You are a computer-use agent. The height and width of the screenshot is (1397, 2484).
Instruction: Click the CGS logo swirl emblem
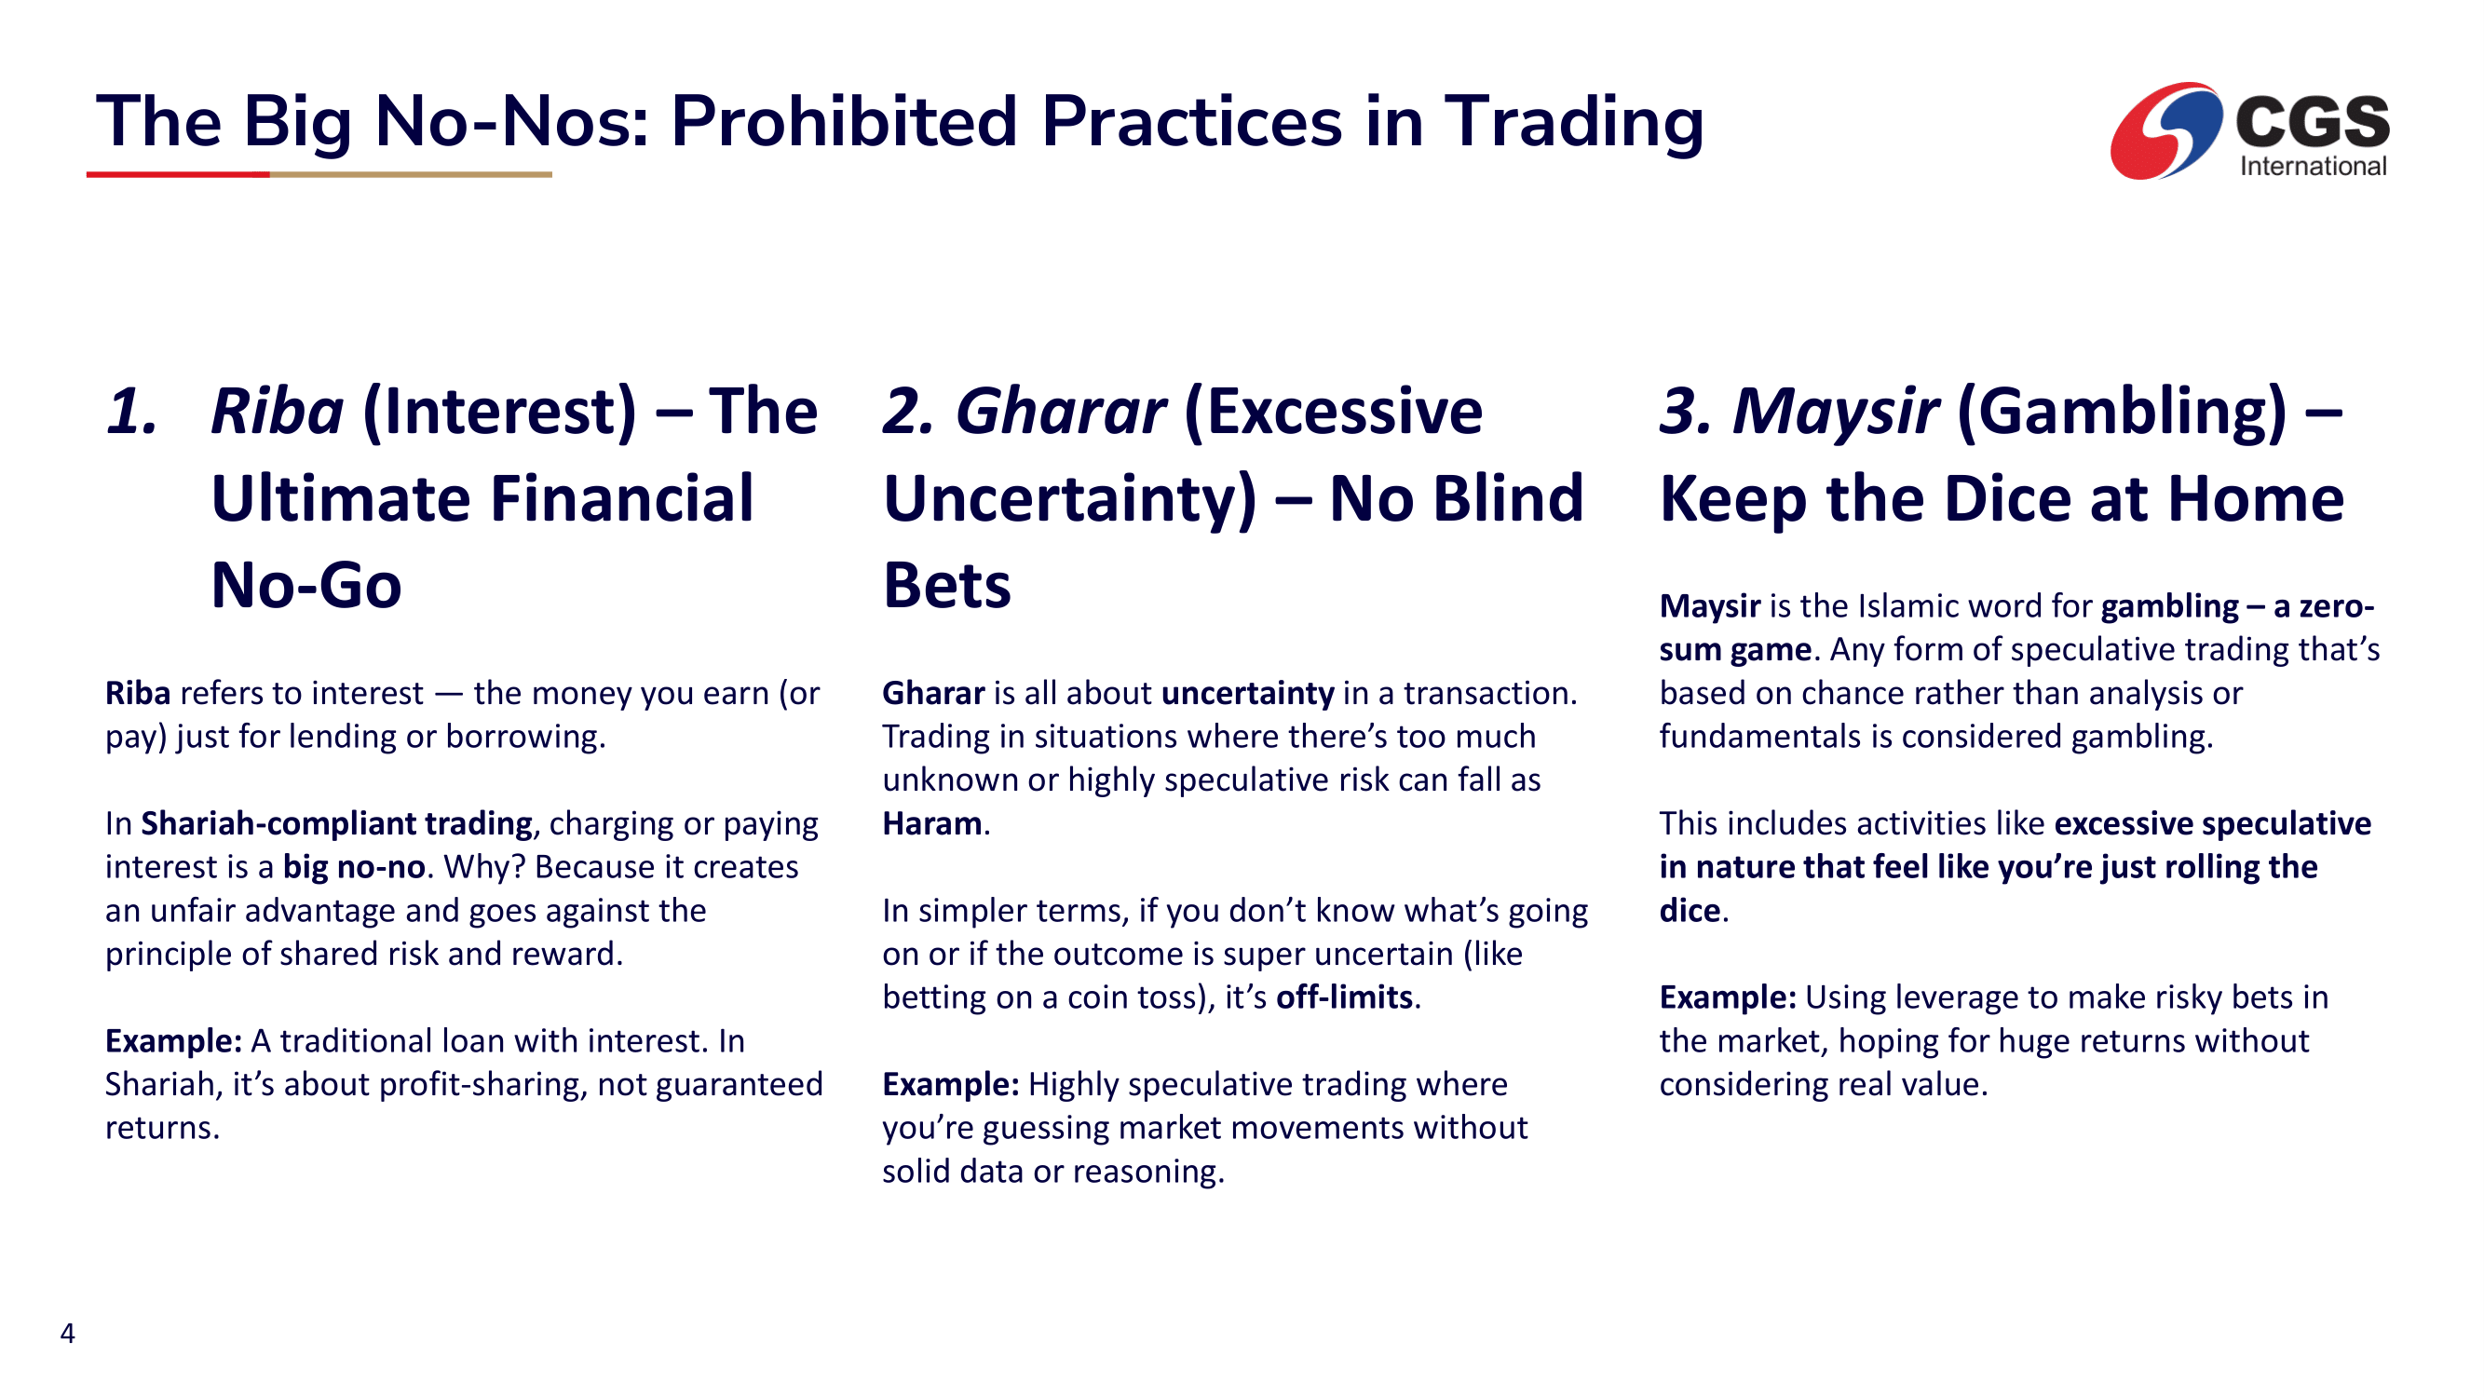click(x=2165, y=130)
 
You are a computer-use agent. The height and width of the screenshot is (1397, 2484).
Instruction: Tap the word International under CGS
click(x=2313, y=166)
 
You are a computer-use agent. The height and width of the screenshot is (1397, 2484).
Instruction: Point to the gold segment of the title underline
click(x=411, y=174)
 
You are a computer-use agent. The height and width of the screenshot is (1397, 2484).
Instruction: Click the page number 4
click(x=67, y=1333)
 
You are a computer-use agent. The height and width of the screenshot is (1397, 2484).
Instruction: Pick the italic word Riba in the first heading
click(x=277, y=412)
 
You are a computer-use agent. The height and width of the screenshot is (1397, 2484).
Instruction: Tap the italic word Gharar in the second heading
click(x=1061, y=412)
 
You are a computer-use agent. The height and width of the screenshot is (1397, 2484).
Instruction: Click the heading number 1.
click(x=131, y=412)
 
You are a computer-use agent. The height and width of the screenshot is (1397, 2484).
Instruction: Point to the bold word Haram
click(x=931, y=823)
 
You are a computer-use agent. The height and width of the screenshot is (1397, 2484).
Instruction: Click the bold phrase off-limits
click(x=1344, y=997)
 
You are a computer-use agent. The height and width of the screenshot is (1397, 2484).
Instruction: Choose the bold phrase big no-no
click(x=354, y=867)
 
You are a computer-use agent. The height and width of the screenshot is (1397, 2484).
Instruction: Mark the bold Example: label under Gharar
click(x=951, y=1085)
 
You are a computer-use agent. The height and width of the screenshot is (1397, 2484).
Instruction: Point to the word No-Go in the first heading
click(x=305, y=586)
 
